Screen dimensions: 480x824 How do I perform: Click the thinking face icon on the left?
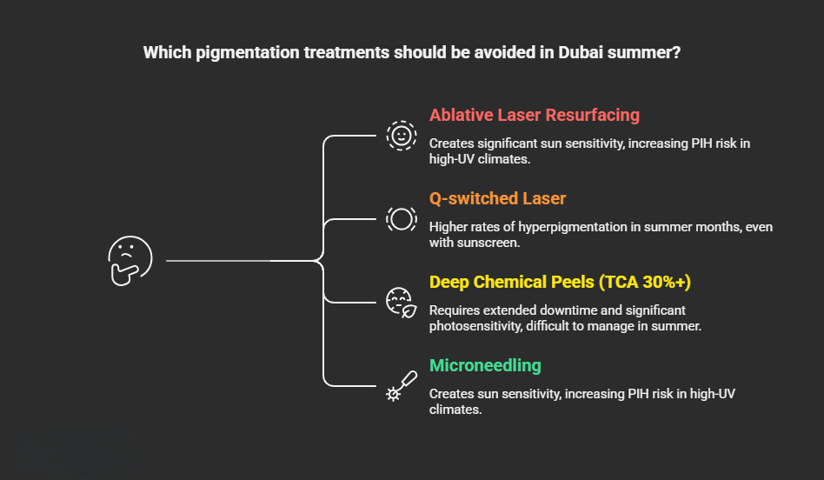tap(130, 260)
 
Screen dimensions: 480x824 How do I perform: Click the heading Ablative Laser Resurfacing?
tap(534, 115)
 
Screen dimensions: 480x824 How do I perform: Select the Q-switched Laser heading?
tap(497, 198)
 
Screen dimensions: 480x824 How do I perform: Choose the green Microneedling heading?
tap(484, 365)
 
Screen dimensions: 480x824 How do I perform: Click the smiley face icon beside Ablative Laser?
tap(401, 136)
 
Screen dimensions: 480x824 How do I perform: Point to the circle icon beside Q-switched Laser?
tap(401, 218)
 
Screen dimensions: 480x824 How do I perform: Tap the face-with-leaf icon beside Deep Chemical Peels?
tap(401, 302)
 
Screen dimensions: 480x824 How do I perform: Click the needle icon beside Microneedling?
tap(401, 385)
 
